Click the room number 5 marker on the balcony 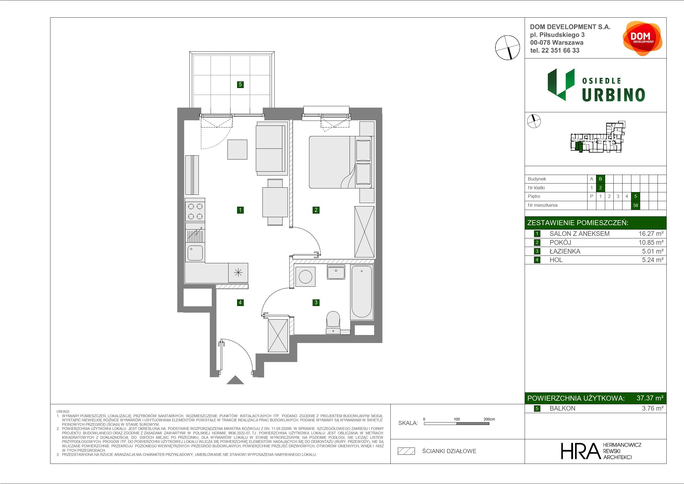click(240, 84)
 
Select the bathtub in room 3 click(362, 292)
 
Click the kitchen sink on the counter click(195, 252)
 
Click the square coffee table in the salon click(237, 149)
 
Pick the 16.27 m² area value click(651, 234)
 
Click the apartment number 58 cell click(635, 205)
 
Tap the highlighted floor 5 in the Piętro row click(635, 196)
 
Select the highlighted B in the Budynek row click(600, 179)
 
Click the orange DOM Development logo click(642, 38)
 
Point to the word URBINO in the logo click(614, 95)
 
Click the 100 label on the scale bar click(457, 419)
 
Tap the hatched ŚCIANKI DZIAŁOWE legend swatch click(406, 451)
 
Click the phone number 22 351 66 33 click(560, 50)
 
